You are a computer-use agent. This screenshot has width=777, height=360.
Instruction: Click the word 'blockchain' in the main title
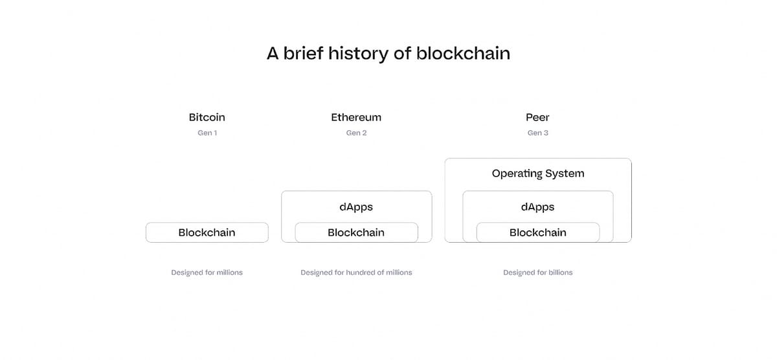pos(463,53)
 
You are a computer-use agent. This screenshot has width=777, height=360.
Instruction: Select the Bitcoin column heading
pos(207,117)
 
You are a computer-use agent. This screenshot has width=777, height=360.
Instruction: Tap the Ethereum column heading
pos(356,117)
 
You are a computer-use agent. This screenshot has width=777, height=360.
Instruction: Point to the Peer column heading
pos(537,117)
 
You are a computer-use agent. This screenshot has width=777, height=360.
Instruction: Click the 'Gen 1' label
pos(207,133)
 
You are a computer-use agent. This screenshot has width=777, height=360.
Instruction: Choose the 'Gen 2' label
pos(356,133)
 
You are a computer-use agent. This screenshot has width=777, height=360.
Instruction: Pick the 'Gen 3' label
pos(537,133)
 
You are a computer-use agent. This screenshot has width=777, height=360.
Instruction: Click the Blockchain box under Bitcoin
pos(207,232)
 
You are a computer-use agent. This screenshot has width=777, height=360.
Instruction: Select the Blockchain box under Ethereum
pos(357,232)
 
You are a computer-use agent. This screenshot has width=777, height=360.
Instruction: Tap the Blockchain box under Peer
pos(538,232)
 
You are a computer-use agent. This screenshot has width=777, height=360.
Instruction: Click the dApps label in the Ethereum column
pos(356,207)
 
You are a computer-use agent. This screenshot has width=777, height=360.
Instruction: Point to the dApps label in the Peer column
pos(537,207)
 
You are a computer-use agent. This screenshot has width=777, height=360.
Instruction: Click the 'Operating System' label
pos(538,174)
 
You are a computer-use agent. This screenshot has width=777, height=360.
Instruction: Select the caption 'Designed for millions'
pos(207,273)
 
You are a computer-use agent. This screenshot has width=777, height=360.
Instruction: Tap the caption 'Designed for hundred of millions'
pos(356,273)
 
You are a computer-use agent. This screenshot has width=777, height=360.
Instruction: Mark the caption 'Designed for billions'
pos(537,273)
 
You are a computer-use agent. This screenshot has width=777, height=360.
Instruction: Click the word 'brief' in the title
pos(304,53)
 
